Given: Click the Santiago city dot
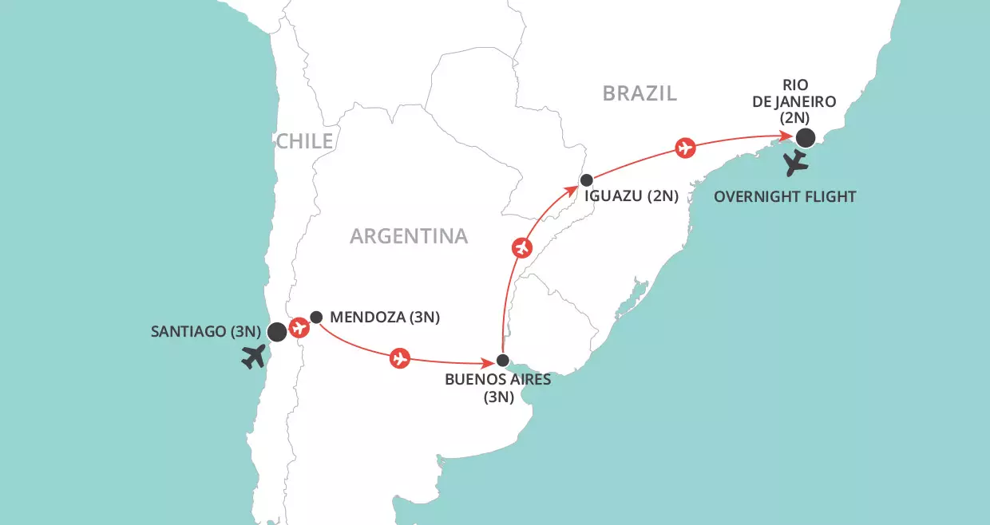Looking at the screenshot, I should click(x=277, y=332).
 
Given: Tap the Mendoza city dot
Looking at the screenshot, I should click(x=316, y=317).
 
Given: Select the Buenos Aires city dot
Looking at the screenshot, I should click(x=502, y=359).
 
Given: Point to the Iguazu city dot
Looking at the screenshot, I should click(x=586, y=180).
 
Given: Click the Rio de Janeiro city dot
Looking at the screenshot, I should click(x=806, y=138).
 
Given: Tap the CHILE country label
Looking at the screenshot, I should click(x=304, y=142).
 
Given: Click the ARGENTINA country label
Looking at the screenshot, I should click(x=409, y=236).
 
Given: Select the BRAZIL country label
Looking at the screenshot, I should click(x=640, y=93).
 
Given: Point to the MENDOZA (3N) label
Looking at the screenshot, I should click(x=385, y=318).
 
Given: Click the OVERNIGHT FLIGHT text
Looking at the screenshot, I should click(x=786, y=196).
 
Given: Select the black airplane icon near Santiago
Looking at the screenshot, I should click(x=255, y=357).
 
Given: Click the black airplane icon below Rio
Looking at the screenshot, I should click(x=796, y=164).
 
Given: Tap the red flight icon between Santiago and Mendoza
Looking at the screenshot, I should click(x=299, y=326).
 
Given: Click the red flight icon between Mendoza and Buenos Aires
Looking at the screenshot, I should click(x=399, y=358).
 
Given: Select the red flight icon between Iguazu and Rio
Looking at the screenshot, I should click(x=684, y=148).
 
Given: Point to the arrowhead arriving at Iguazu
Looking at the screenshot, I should click(x=576, y=188).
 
